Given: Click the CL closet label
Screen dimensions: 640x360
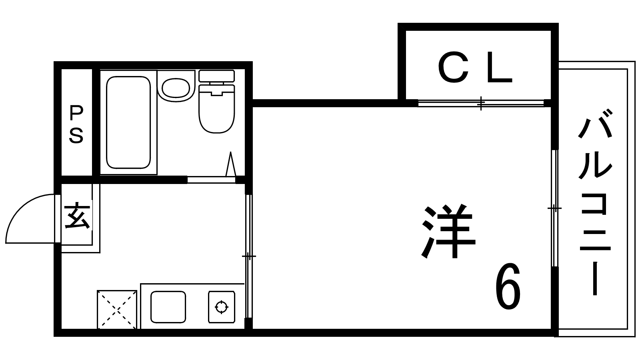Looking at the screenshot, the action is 474,68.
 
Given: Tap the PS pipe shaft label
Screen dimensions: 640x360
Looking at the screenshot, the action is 76,124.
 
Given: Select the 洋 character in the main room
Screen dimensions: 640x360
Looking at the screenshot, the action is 449,231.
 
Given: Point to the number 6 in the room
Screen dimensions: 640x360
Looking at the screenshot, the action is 508,286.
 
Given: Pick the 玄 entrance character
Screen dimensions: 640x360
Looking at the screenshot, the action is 78,216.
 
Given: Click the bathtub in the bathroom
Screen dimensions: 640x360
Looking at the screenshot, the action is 128,122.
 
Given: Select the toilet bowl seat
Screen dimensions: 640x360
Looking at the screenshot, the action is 216,109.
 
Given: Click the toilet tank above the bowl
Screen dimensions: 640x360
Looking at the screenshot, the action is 216,76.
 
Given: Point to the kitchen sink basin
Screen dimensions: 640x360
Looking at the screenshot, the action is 168,307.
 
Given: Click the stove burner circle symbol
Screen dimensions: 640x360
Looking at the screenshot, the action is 222,308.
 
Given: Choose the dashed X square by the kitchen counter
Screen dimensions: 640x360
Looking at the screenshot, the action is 117,310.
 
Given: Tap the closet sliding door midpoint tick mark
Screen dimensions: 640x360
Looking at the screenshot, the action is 481,104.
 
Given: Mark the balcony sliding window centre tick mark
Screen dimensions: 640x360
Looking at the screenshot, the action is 554,208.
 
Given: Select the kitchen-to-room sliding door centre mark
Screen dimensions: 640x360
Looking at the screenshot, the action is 249,256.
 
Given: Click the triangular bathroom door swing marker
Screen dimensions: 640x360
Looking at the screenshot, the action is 230,164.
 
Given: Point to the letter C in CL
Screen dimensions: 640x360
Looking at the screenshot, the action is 453,68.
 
